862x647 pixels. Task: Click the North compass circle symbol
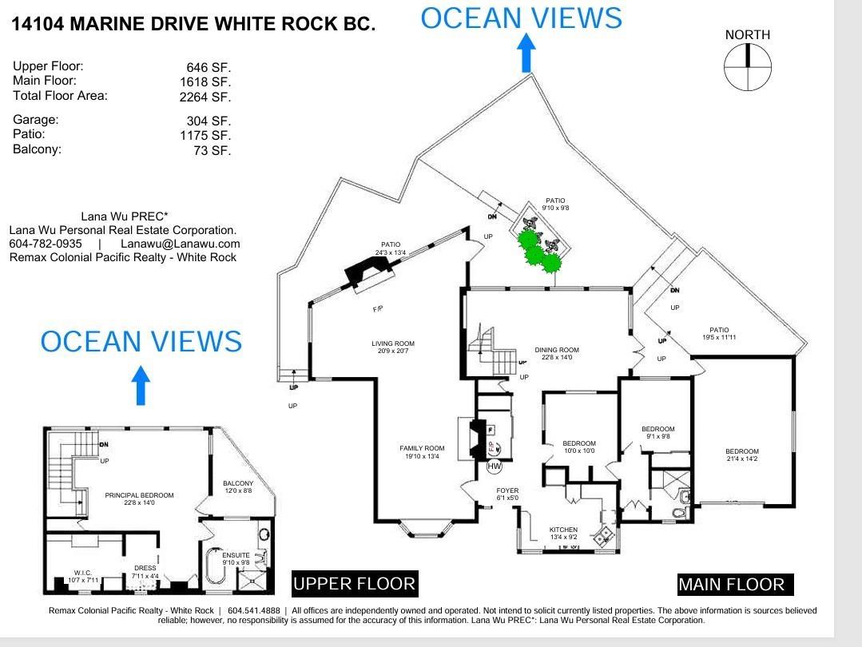[x=748, y=67]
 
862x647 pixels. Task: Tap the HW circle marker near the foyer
[x=495, y=466]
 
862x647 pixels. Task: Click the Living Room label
[x=393, y=347]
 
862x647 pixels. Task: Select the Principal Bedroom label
[x=139, y=499]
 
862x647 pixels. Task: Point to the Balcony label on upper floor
[x=238, y=487]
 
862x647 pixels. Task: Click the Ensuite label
[x=236, y=558]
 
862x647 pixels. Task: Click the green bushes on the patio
[x=536, y=251]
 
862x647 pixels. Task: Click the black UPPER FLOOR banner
[x=354, y=584]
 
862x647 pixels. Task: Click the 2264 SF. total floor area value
[x=205, y=97]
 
